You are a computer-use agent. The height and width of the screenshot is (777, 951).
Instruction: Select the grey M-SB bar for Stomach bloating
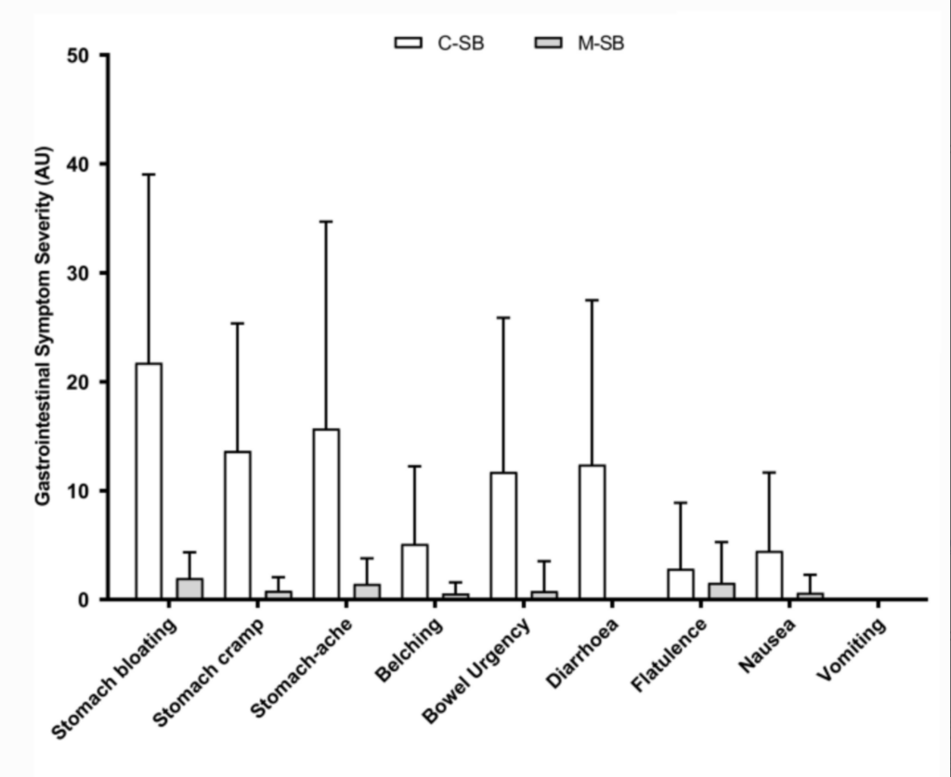coord(189,589)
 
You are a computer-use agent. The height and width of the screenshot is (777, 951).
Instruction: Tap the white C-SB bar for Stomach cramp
coord(237,524)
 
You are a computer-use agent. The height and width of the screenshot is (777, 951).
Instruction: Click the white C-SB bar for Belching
coord(414,571)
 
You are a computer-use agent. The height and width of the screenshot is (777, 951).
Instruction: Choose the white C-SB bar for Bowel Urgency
coord(503,536)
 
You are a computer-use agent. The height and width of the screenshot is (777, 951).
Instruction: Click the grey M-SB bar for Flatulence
coord(722,591)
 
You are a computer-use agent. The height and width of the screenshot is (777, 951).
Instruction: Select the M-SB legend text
coord(601,43)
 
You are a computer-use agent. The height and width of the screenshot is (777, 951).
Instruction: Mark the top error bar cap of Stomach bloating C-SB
coord(148,174)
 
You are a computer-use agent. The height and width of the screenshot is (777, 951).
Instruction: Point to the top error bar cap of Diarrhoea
coord(592,300)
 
